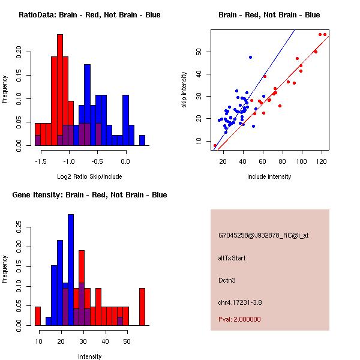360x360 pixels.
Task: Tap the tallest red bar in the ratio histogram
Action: (x=60, y=90)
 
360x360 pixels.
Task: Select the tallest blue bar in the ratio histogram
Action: (x=88, y=105)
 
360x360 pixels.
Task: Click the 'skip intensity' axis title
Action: (x=184, y=90)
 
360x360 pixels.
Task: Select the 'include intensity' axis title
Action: (x=269, y=176)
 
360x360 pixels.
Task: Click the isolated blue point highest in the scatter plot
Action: (x=250, y=57)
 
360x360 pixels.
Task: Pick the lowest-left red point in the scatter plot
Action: (x=215, y=145)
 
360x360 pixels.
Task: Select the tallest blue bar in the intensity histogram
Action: (x=71, y=270)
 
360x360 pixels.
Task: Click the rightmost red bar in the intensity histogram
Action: (x=142, y=307)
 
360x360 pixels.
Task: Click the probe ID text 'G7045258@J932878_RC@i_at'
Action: (x=263, y=236)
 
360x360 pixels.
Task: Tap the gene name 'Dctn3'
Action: (x=228, y=280)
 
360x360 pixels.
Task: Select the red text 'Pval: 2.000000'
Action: (x=239, y=319)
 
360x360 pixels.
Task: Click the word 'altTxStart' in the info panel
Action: (x=232, y=258)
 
